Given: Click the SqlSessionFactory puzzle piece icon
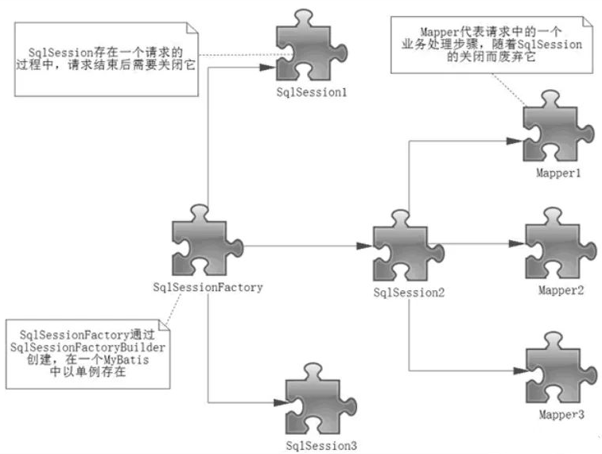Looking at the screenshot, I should tap(206, 242).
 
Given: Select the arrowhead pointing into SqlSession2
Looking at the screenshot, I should tap(363, 246).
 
